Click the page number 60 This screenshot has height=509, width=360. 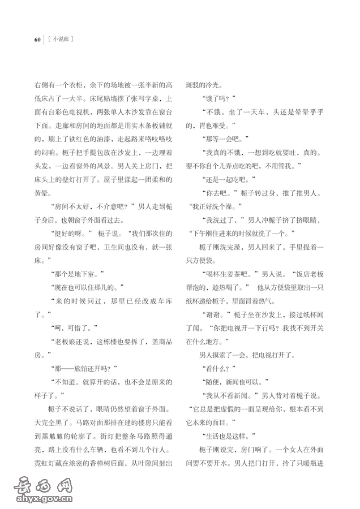37,40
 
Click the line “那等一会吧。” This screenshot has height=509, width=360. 222,138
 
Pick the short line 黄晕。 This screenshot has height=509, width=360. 45,192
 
